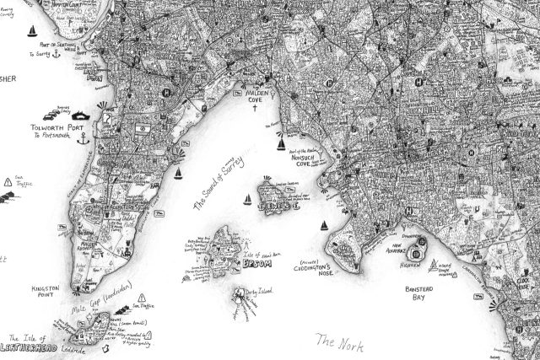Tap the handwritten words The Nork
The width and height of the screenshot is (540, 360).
coord(337,341)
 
